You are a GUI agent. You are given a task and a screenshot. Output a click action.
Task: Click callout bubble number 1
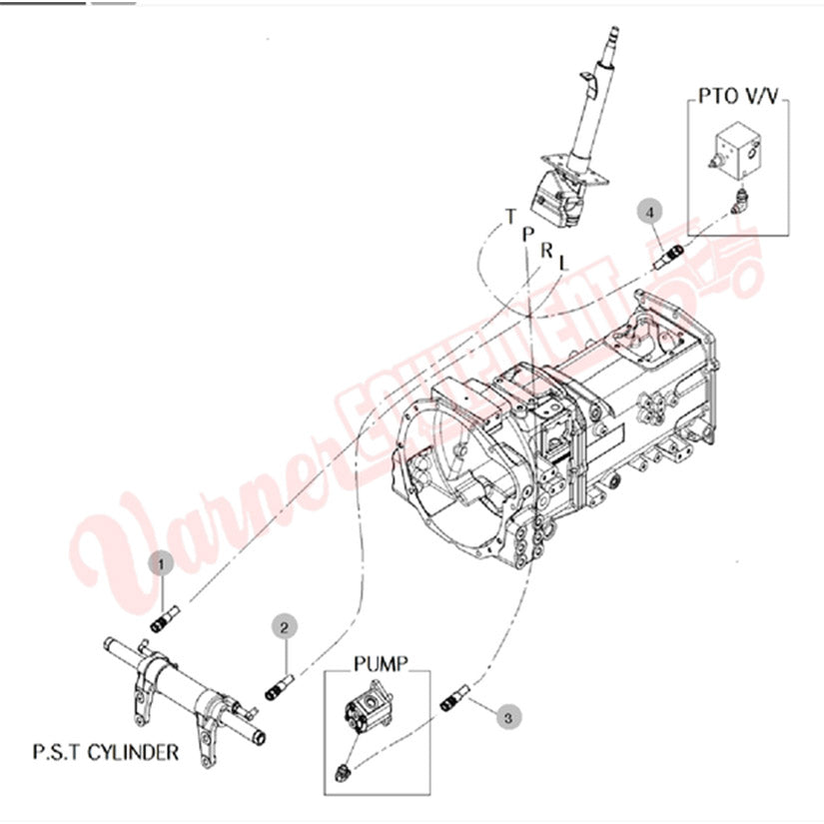click(162, 563)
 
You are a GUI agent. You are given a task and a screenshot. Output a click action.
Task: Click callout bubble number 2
click(285, 627)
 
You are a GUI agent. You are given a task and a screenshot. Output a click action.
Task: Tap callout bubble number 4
click(650, 212)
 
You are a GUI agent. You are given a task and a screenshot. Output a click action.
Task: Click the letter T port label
click(510, 216)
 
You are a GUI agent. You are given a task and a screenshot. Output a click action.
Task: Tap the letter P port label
click(528, 232)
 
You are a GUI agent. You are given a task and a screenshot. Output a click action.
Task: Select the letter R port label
click(546, 249)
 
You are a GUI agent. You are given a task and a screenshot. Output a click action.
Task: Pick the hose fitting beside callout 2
click(280, 688)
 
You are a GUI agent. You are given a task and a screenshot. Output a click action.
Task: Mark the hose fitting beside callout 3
click(454, 697)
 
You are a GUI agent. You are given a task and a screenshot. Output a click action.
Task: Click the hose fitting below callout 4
click(668, 256)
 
